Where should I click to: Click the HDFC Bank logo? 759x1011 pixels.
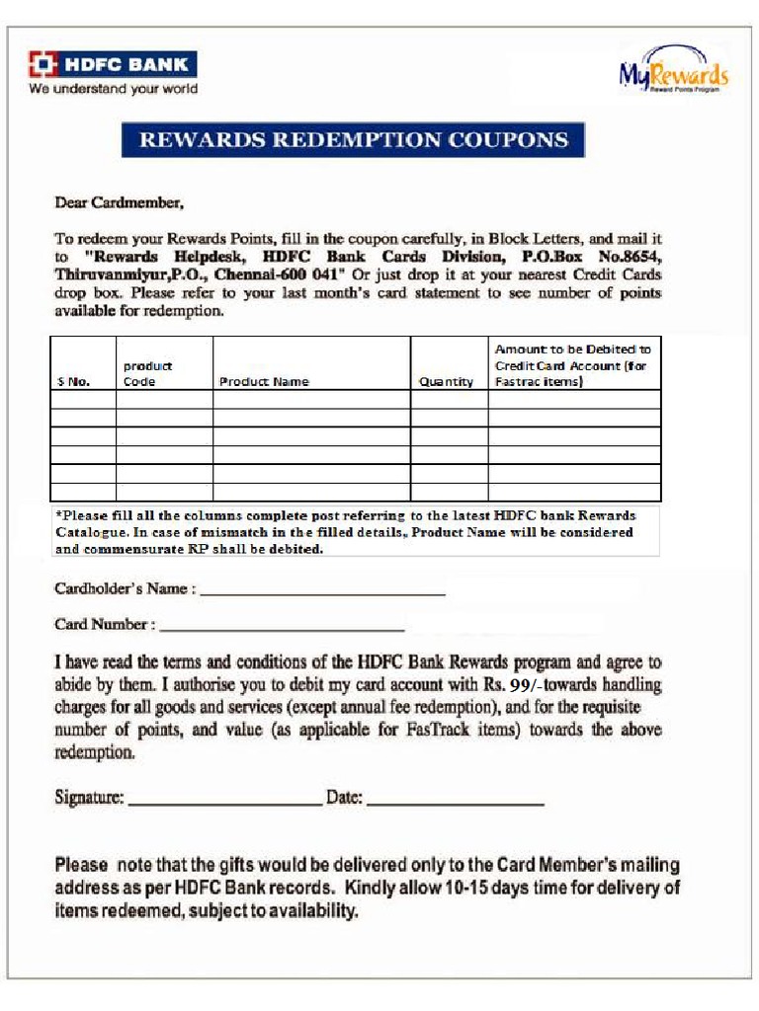point(112,65)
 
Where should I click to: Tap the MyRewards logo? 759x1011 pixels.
point(673,71)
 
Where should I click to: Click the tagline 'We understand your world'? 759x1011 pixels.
point(113,89)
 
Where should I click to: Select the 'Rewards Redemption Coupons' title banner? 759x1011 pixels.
point(353,140)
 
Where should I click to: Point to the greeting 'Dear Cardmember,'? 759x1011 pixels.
point(119,203)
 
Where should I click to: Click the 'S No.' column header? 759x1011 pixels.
point(71,382)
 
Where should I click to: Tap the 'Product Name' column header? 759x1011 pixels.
point(263,382)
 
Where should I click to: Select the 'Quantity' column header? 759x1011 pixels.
point(446,382)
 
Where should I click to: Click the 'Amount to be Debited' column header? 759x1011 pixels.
point(572,365)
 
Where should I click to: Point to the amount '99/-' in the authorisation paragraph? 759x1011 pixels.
point(523,684)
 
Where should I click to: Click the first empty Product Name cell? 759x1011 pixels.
point(311,400)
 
